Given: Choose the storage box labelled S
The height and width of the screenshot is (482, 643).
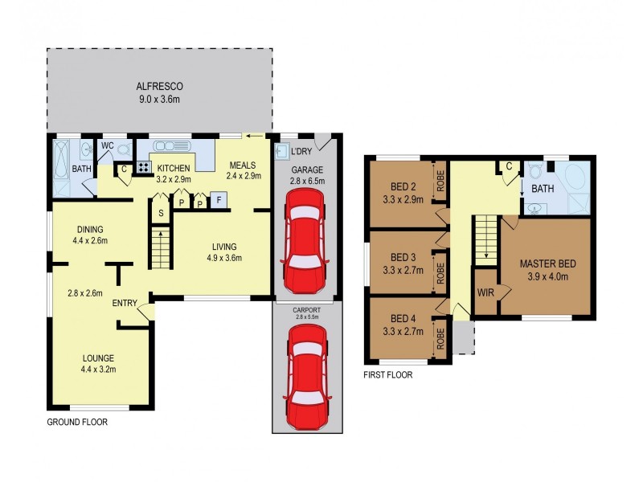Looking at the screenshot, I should click(x=161, y=213).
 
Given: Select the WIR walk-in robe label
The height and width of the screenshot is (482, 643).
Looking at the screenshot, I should click(x=485, y=292).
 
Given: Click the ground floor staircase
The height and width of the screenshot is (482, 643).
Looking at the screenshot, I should click(x=161, y=248).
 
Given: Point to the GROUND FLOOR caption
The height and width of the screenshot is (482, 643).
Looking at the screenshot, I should click(x=77, y=422).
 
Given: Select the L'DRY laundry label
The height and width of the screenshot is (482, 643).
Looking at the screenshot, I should click(x=301, y=152).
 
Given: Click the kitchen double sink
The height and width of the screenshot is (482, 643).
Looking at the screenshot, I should click(x=171, y=146).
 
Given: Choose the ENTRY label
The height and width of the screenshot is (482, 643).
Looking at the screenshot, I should click(x=124, y=303).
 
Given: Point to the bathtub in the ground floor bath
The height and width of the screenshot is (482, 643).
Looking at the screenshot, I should click(x=62, y=165).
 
